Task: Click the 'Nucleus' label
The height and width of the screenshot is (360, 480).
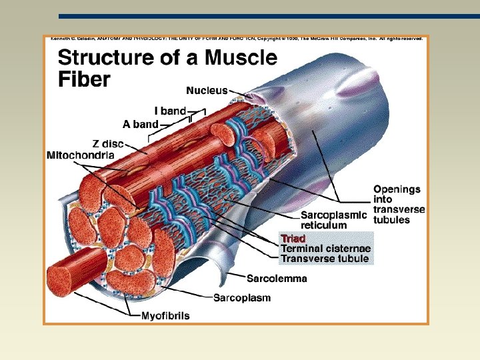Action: click(207, 89)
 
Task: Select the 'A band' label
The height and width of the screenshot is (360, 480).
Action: click(141, 123)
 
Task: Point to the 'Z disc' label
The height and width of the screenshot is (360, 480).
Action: click(109, 143)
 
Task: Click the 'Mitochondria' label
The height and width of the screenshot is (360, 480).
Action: click(80, 155)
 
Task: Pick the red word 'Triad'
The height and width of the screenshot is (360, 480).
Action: click(293, 238)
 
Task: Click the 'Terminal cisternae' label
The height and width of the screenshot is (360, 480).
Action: click(325, 248)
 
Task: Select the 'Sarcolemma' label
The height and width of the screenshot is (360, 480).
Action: click(277, 279)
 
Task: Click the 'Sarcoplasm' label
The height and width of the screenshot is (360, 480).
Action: click(242, 298)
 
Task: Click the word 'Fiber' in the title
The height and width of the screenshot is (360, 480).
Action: click(84, 80)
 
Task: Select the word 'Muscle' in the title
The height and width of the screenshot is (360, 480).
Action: click(241, 58)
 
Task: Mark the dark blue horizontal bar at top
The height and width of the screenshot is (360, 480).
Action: click(267, 16)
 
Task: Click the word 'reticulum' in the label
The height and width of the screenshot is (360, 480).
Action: click(324, 225)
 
